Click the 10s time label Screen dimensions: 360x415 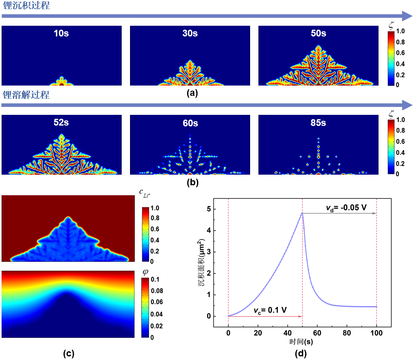coord(61,33)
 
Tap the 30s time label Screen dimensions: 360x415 coord(189,33)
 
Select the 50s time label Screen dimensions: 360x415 coord(318,33)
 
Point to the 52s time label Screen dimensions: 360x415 coord(61,123)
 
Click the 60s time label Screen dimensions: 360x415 coord(189,123)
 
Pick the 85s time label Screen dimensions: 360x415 coord(318,123)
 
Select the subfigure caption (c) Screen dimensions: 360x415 coord(69,353)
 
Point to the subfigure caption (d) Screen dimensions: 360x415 coord(302,353)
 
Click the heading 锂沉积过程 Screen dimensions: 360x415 coord(26,6)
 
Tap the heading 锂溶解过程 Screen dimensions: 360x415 coord(26,95)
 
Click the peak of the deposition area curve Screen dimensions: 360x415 coord(302,213)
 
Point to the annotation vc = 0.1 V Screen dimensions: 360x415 coord(270,309)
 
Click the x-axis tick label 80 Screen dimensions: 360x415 coord(347,333)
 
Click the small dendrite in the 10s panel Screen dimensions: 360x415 coord(61,82)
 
